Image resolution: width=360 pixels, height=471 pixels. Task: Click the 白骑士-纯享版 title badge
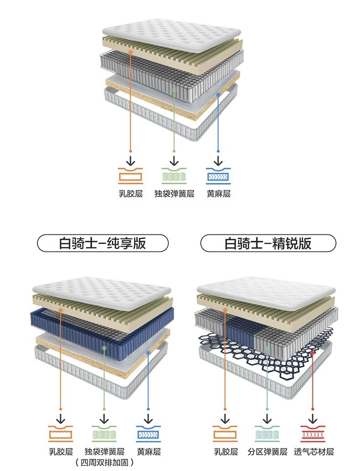click(103, 243)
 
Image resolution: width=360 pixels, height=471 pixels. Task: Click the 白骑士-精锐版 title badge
click(268, 243)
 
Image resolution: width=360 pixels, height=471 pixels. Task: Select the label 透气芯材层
click(314, 452)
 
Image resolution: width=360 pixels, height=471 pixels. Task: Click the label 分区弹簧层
click(267, 452)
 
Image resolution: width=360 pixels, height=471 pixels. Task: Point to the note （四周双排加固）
click(104, 462)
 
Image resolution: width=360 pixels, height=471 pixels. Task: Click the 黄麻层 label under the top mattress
click(219, 194)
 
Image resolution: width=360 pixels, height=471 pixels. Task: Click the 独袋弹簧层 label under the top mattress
click(174, 194)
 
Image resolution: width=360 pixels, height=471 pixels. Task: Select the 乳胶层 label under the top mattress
click(131, 194)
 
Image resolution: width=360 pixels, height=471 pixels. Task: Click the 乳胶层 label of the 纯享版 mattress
click(61, 452)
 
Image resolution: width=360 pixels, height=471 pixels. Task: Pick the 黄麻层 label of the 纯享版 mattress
click(149, 452)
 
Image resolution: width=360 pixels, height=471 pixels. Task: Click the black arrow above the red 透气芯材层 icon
click(313, 418)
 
